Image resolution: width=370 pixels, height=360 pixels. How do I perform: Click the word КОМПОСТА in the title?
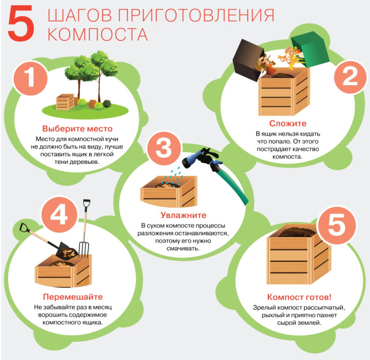click(98, 34)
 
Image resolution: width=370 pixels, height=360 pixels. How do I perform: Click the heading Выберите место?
click(77, 128)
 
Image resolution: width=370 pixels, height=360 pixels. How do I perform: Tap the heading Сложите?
click(288, 123)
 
